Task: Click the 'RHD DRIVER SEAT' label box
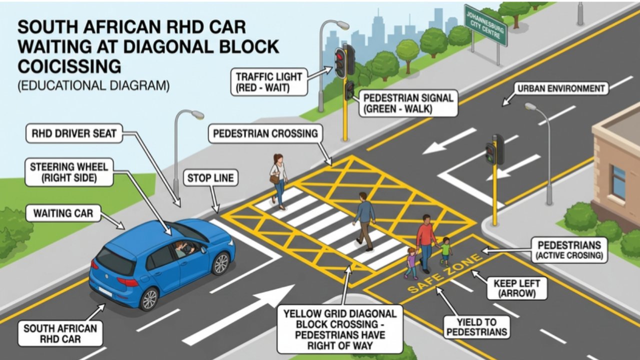(x=74, y=133)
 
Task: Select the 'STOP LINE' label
(x=210, y=178)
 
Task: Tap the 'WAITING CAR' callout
(x=63, y=213)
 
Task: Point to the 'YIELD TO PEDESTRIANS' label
(x=477, y=327)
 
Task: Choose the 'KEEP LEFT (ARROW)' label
(x=517, y=288)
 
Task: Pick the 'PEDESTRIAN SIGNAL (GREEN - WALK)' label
(x=408, y=103)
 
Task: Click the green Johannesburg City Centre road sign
(x=485, y=25)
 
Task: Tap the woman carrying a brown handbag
(x=278, y=181)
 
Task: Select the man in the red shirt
(x=425, y=243)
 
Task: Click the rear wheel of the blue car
(x=149, y=299)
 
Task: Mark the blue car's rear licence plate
(x=105, y=291)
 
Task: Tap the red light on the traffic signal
(x=340, y=55)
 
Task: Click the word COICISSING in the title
(x=69, y=66)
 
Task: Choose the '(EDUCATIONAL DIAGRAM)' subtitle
(x=93, y=85)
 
